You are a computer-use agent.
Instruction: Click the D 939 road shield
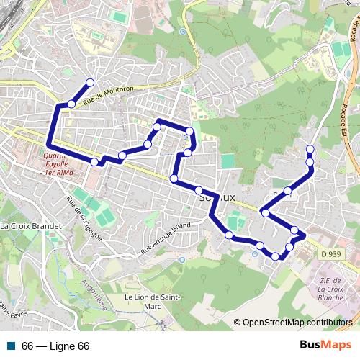(331, 254)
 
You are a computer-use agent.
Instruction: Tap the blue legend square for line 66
(11, 346)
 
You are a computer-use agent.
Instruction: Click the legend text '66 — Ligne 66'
(55, 346)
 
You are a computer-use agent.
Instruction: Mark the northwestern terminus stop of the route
(90, 82)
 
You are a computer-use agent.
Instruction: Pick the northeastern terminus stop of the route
(310, 149)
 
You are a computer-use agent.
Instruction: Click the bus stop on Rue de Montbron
(71, 104)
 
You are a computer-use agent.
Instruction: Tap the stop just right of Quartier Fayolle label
(94, 162)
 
